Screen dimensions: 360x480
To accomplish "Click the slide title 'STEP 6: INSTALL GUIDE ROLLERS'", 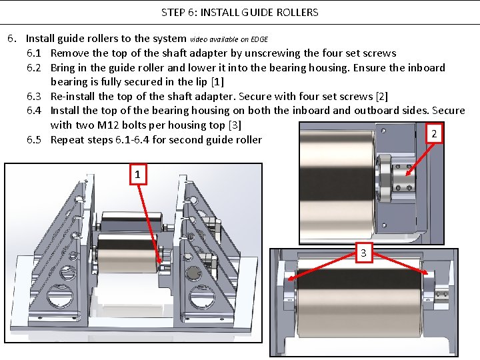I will coord(240,12).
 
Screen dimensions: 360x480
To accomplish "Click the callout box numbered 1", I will coord(137,175).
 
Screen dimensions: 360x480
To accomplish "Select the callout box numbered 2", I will coord(434,134).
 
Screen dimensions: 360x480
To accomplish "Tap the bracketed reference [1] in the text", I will coord(217,82).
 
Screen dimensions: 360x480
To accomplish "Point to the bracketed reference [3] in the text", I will coord(235,125).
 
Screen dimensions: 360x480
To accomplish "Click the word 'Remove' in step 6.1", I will coord(70,53).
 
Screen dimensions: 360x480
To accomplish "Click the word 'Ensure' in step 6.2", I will coord(369,68).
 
